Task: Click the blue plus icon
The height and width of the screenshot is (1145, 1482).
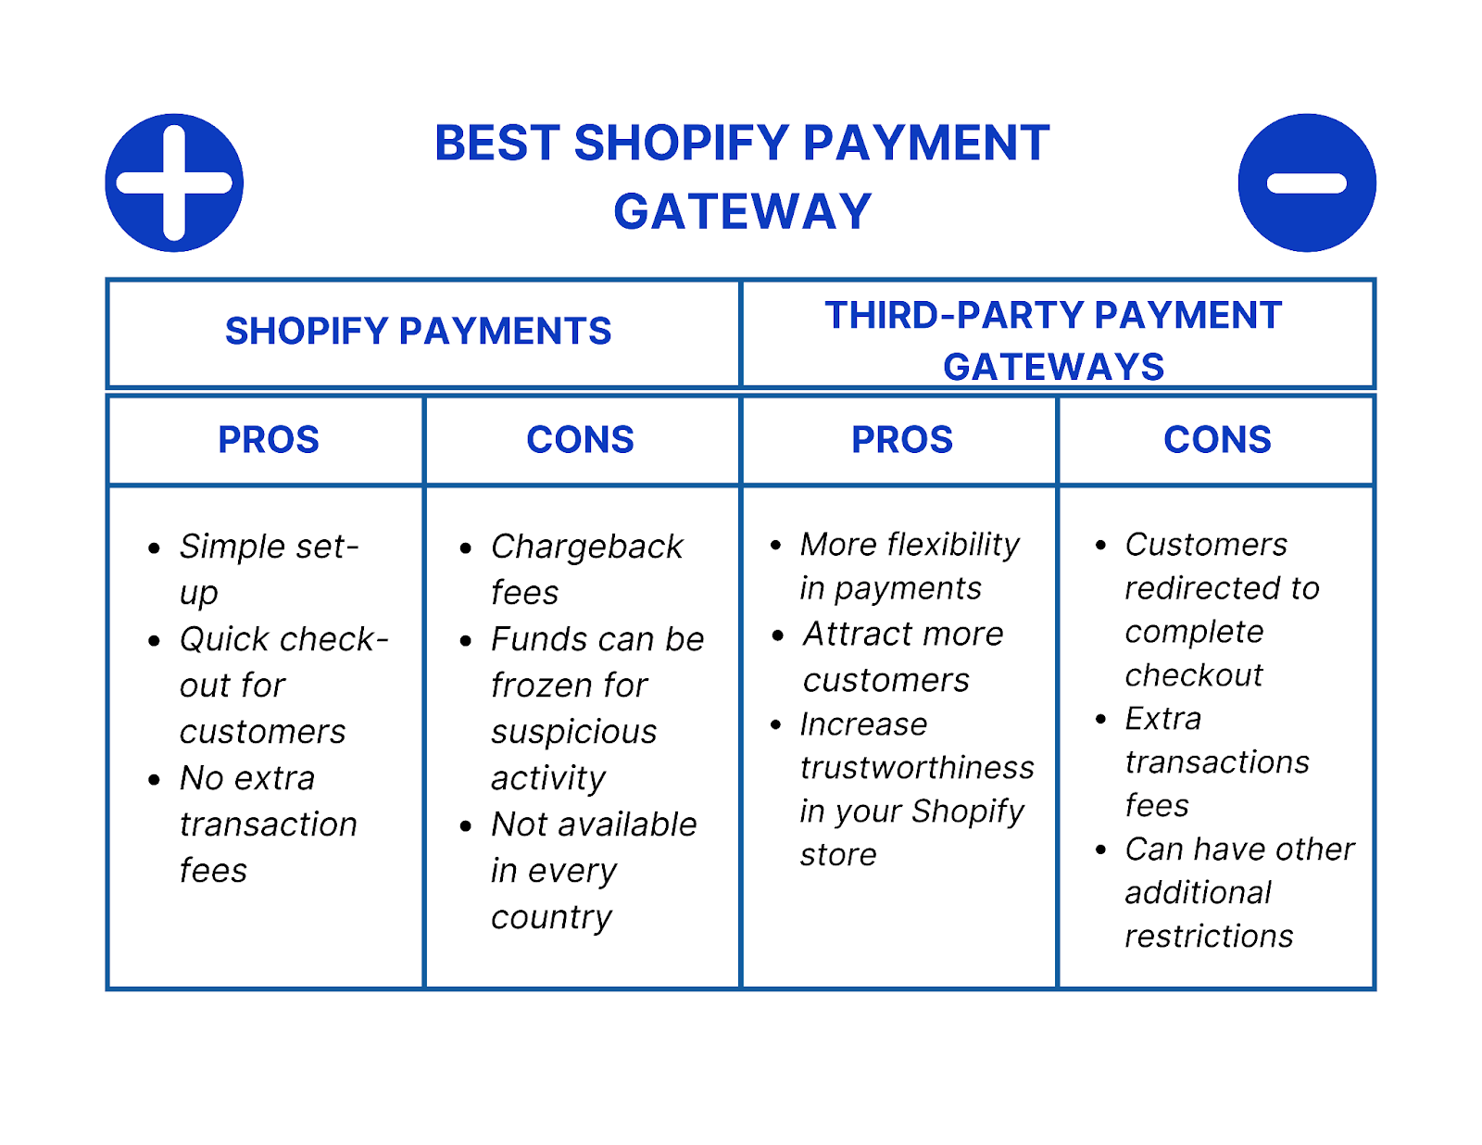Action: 174,182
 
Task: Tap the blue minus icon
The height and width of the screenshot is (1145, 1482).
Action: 1306,182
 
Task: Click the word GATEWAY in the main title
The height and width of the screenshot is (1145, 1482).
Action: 742,212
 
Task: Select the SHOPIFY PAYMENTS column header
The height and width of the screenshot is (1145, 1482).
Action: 418,332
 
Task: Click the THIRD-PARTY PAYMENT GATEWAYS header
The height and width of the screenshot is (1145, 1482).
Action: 1053,340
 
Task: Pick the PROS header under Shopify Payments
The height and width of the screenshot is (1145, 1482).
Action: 268,440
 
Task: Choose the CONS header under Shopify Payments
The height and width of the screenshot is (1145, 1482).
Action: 580,440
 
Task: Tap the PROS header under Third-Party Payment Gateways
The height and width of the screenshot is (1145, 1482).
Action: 901,440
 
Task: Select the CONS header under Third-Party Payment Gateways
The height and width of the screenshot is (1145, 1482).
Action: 1217,440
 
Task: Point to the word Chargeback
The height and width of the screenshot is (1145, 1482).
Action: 587,547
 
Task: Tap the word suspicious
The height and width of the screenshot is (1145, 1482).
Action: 573,732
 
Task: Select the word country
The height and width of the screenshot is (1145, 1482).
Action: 551,917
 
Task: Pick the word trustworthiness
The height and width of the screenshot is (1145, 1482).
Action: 917,768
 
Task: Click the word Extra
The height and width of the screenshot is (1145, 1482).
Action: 1162,719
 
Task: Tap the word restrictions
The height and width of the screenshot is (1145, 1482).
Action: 1209,937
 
